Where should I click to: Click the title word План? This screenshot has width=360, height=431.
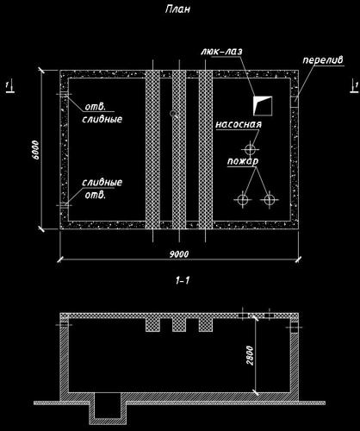tap(177, 9)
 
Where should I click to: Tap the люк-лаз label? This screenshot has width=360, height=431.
tap(221, 52)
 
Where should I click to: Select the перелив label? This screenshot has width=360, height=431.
tap(323, 60)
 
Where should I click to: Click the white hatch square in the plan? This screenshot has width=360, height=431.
tap(263, 106)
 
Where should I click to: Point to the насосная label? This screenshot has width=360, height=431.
tap(239, 124)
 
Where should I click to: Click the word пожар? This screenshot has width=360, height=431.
tap(243, 161)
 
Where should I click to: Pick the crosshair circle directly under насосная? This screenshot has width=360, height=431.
tap(251, 149)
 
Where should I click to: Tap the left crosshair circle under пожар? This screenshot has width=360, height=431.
tap(243, 199)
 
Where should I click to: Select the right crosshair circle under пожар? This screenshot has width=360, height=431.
tap(270, 199)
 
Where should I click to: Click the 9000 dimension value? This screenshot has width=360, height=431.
tap(179, 254)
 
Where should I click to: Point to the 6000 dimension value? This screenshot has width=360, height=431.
tap(36, 150)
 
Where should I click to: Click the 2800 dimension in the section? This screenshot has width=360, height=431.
tap(250, 355)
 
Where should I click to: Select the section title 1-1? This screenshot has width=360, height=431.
tap(183, 280)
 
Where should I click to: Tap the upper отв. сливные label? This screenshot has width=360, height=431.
tap(102, 113)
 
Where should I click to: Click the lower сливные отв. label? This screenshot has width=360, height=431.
tap(102, 189)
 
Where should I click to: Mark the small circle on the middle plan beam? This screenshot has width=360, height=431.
tap(173, 113)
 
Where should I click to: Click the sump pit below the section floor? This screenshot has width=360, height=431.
tap(108, 408)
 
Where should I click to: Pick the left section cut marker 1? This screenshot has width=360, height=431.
tap(9, 87)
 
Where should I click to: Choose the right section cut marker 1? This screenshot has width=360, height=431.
tap(355, 87)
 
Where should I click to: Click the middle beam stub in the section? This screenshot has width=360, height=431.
tap(179, 325)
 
